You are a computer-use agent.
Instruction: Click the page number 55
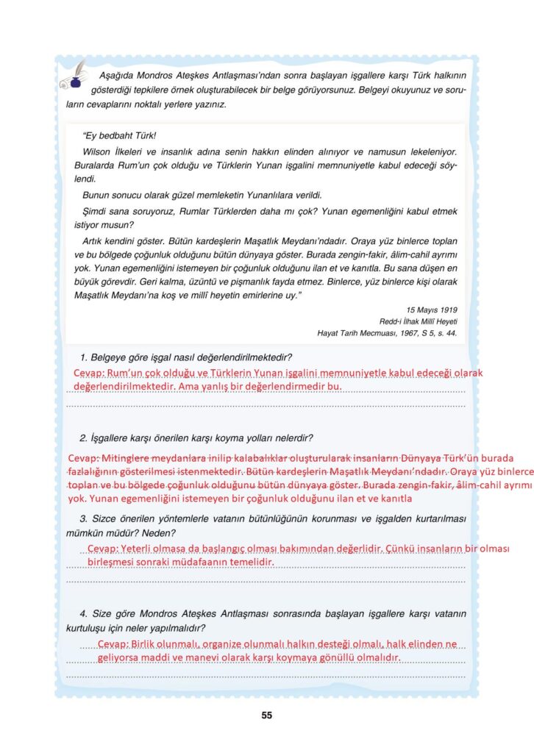click(266, 715)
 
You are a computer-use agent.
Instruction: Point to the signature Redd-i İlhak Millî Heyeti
click(418, 321)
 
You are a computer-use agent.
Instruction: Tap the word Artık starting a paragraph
click(96, 241)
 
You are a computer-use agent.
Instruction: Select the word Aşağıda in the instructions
click(115, 75)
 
